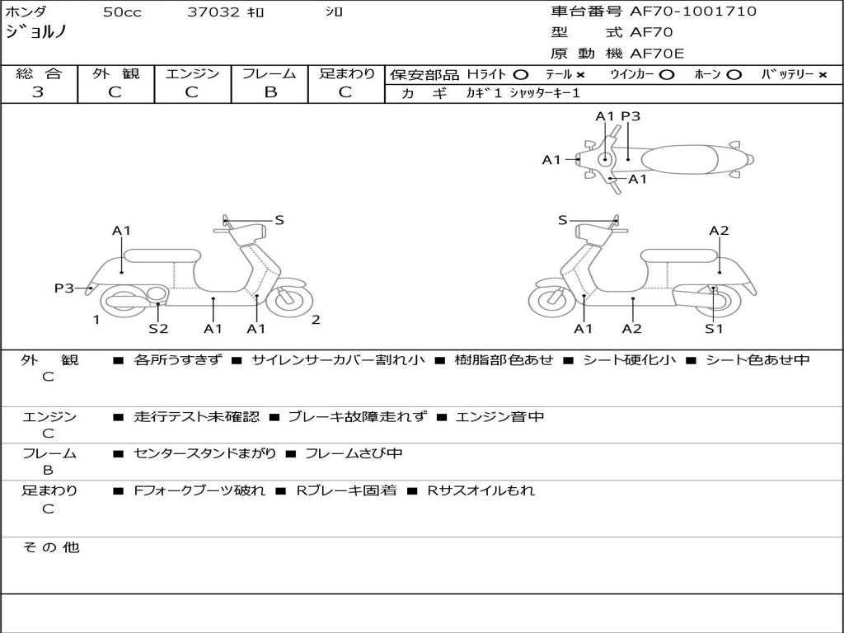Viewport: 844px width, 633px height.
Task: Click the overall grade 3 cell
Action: coord(38,92)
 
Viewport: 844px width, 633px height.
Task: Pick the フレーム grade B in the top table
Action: coord(270,92)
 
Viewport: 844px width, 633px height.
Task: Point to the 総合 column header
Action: coord(38,73)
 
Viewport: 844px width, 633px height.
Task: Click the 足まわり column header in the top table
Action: coord(347,73)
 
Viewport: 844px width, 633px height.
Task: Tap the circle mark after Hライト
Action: coord(521,74)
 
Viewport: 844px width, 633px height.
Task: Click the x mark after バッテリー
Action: coord(822,74)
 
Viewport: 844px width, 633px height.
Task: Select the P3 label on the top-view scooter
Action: coord(631,116)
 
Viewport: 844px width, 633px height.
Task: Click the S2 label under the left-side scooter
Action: coord(158,329)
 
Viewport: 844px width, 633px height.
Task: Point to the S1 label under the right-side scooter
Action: coord(714,329)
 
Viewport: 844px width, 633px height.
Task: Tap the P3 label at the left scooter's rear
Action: coord(64,288)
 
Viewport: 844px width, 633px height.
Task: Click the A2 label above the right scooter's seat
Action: coord(719,231)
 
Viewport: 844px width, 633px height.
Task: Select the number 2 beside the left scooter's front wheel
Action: coord(316,320)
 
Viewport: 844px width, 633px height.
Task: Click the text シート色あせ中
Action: coord(757,360)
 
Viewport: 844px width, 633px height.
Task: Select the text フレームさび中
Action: coord(354,453)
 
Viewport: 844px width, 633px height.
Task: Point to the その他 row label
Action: coord(50,547)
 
